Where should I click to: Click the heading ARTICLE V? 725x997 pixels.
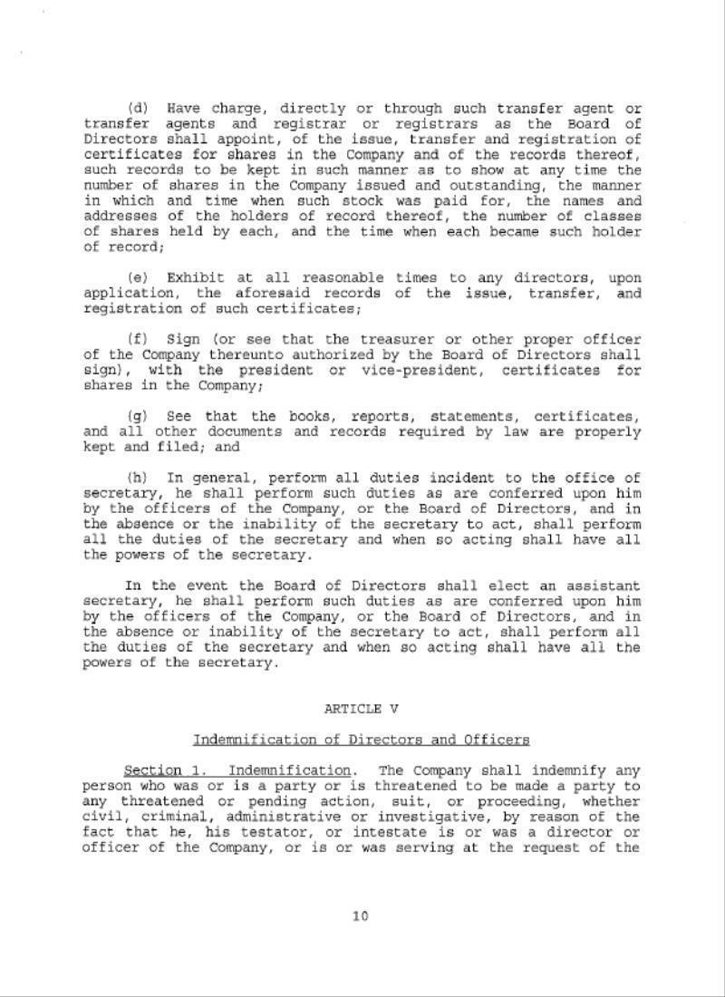click(x=361, y=709)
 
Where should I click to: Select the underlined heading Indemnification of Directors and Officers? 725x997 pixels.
click(x=361, y=740)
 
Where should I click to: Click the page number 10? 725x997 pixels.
click(x=361, y=915)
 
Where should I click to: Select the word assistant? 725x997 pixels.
click(x=599, y=586)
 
